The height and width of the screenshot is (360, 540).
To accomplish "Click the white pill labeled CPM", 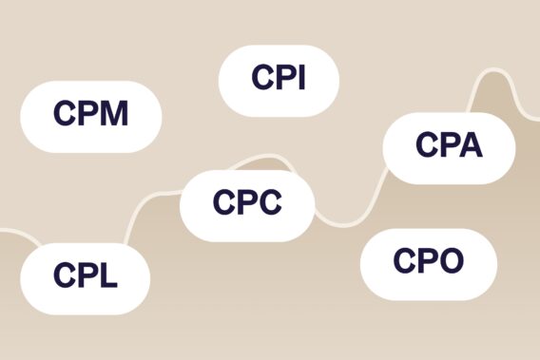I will (x=91, y=116).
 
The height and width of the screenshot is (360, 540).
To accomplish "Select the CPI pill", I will (x=279, y=79).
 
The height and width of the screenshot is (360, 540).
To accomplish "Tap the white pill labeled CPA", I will (x=449, y=147).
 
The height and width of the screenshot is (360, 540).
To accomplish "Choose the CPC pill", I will (x=247, y=203).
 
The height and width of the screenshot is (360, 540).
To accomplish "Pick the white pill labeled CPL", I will (x=86, y=277).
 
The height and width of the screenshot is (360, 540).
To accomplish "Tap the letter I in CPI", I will (x=300, y=79).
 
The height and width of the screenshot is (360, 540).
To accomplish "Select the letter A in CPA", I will (x=470, y=147).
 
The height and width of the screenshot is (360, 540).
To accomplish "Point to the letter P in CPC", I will (x=246, y=203).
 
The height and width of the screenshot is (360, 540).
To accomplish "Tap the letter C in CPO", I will (x=403, y=259).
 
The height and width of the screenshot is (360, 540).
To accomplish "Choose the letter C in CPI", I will (x=261, y=79).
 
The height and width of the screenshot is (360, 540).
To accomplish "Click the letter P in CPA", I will (x=447, y=147).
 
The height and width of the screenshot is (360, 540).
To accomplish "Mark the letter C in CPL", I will (x=64, y=277).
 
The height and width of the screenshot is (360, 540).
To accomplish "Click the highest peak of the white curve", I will (x=493, y=71).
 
